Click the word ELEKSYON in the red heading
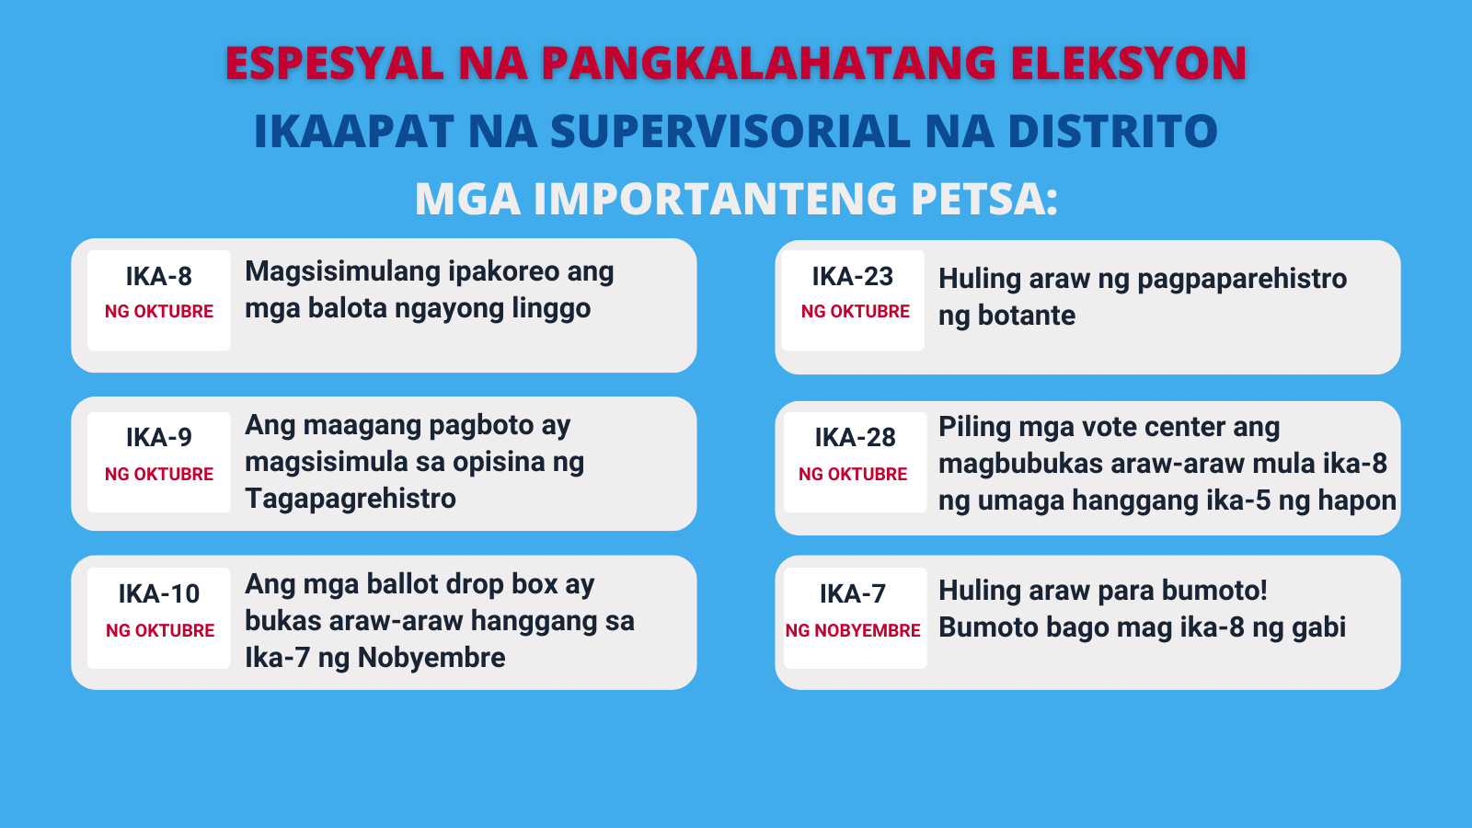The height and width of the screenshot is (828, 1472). click(x=1128, y=63)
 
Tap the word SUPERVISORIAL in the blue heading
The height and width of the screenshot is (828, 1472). click(x=730, y=131)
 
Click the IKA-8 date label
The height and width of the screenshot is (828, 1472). click(x=159, y=277)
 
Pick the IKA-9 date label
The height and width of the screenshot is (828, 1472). click(x=159, y=438)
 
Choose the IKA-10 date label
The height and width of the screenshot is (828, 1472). click(x=159, y=594)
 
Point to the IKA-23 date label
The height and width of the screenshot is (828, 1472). click(x=853, y=277)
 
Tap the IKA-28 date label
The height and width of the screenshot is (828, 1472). click(x=855, y=438)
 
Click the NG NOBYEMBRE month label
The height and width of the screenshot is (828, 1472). click(x=853, y=631)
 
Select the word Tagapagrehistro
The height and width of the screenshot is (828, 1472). click(x=351, y=500)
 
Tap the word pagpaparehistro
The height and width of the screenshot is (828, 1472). click(x=1242, y=280)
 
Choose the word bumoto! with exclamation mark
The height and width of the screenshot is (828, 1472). click(x=1214, y=591)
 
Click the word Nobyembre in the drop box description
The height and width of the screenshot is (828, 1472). click(x=431, y=658)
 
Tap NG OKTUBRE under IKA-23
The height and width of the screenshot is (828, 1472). click(x=855, y=312)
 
